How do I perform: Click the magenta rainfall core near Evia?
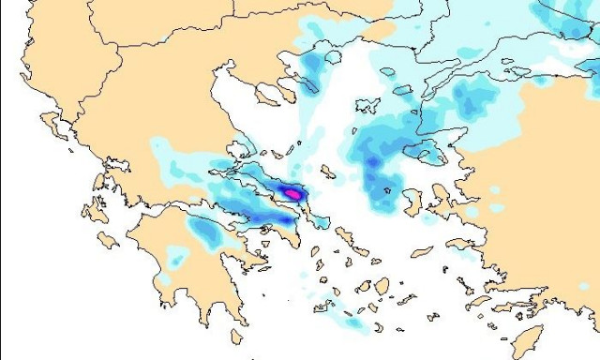point(293,193)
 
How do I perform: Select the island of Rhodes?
point(531,339)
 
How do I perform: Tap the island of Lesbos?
point(426,151)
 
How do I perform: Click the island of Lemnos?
point(368,105)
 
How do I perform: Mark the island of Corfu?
point(50,122)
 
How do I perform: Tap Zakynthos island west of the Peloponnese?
point(107,240)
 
